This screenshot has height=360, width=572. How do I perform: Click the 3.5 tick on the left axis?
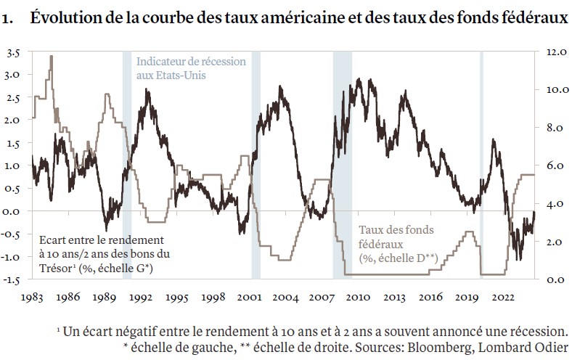click(x=14, y=53)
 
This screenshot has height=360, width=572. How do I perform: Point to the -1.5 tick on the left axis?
click(x=12, y=280)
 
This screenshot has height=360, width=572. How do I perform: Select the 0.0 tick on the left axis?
click(x=14, y=212)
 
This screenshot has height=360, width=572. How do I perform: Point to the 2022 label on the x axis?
click(x=504, y=298)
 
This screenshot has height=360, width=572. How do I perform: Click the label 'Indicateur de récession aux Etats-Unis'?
click(x=191, y=68)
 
